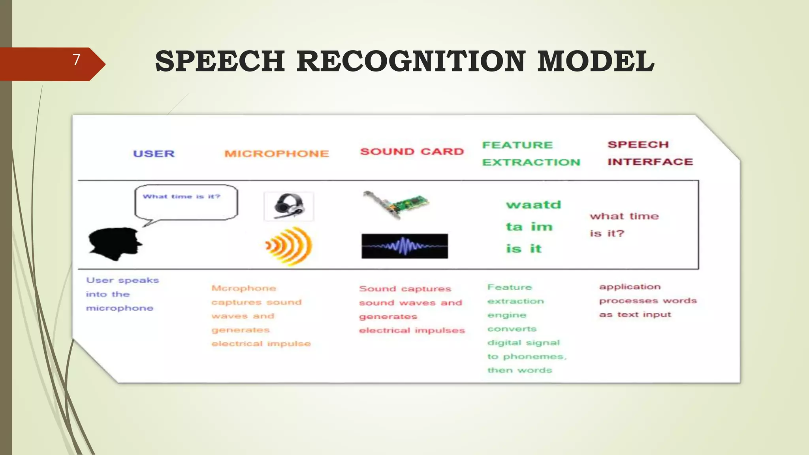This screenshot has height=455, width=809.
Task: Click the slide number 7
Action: [77, 60]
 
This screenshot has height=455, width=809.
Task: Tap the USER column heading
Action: [154, 154]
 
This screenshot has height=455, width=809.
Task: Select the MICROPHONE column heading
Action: [277, 154]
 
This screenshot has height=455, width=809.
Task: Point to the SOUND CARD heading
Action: [412, 152]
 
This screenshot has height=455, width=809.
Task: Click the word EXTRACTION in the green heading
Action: [531, 162]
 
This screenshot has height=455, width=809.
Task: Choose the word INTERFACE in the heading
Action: [650, 162]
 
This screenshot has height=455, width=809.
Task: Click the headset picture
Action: [289, 206]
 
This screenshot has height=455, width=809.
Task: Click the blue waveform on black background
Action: [404, 246]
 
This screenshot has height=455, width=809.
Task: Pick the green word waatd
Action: [533, 205]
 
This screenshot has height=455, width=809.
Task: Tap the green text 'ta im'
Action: [529, 227]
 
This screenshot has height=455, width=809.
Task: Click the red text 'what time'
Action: [624, 216]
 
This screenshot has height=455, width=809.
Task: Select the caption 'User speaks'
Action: [122, 280]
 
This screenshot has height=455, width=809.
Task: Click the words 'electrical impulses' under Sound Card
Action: [412, 331]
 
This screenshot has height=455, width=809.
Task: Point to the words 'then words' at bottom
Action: [519, 370]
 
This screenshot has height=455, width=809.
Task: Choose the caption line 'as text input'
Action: [635, 315]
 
